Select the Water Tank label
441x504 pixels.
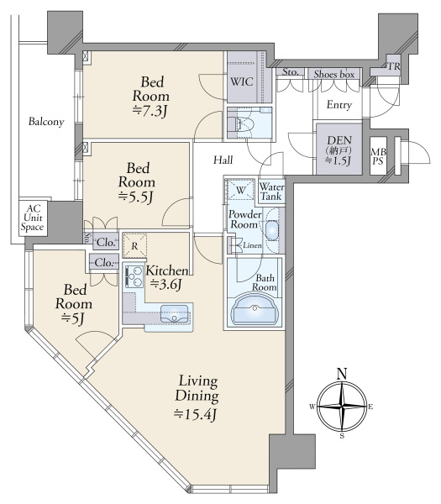coord(272,192)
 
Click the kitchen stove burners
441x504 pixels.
coord(133,276)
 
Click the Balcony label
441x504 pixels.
coord(46,123)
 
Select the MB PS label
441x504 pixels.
coord(379,157)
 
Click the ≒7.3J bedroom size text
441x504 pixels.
coord(151,110)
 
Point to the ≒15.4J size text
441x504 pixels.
coord(196,413)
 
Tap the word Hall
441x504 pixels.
coord(223,160)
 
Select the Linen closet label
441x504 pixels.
coord(253,244)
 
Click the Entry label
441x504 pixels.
coord(339,105)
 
